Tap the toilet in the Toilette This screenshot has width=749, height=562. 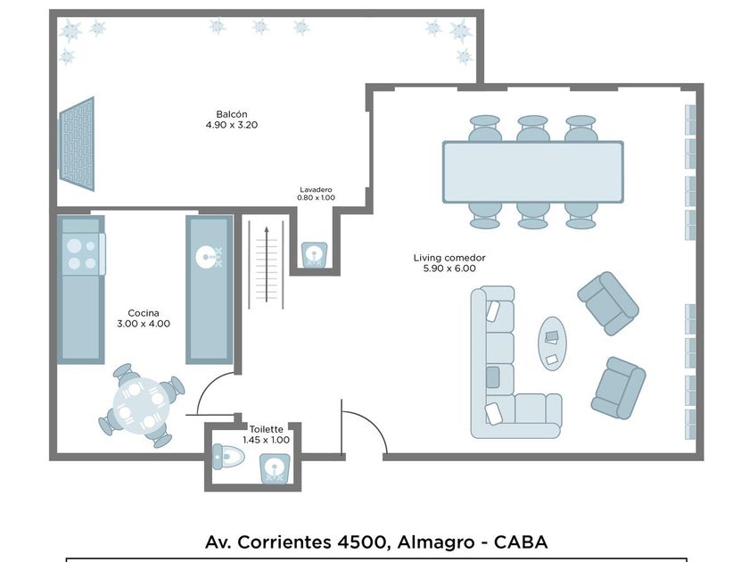point(226,458)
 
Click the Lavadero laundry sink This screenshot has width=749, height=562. point(314,255)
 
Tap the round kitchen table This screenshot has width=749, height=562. point(141,405)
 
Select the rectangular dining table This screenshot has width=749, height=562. point(532,171)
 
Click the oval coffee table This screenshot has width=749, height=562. point(552,342)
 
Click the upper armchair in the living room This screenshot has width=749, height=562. point(607,303)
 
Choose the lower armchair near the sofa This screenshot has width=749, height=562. point(617,387)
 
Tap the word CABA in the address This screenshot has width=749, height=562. point(521,541)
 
